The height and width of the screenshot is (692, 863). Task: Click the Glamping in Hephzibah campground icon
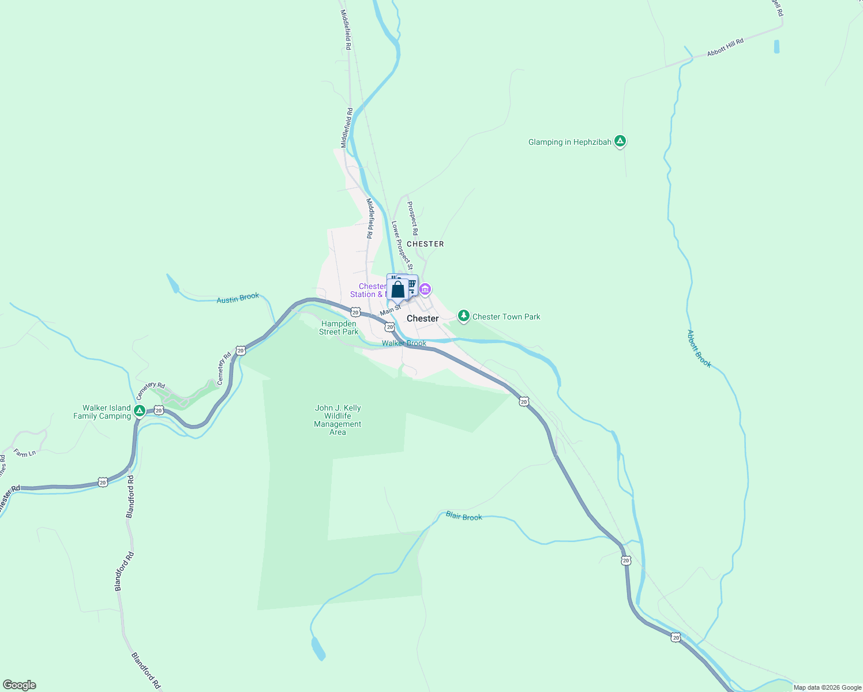coord(620,141)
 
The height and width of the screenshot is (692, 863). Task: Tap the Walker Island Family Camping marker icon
coord(139,411)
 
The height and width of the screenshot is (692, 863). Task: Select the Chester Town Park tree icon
coord(463,315)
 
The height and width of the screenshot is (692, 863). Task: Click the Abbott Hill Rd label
coord(725,47)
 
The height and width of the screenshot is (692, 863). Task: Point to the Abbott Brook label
coord(699,348)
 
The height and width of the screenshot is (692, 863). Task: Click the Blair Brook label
coord(464,516)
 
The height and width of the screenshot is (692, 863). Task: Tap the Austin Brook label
coord(238,298)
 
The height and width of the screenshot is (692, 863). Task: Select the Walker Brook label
coord(404,343)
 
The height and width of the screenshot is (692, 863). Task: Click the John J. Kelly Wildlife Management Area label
coord(337,420)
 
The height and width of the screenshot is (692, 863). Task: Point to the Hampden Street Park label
coord(339,328)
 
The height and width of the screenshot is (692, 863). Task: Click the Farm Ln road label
coord(25,453)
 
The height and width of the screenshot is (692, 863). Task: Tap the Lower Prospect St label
coord(402,245)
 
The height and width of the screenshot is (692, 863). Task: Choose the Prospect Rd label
coord(412,218)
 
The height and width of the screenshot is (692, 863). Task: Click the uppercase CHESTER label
coord(425,244)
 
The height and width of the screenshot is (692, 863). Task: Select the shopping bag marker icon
coord(397,289)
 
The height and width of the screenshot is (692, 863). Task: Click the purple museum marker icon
coord(425,289)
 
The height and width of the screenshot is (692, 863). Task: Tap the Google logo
coord(19,685)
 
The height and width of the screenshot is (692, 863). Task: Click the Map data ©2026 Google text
coord(827,687)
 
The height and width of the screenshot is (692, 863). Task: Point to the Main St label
coord(390,310)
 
